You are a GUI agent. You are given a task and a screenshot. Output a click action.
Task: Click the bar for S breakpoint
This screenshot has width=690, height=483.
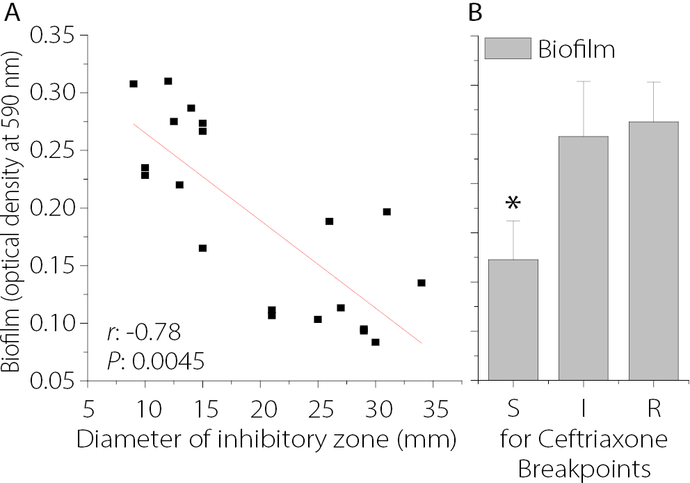tap(513, 319)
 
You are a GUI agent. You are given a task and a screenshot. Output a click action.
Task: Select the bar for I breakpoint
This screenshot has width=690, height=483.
tap(584, 258)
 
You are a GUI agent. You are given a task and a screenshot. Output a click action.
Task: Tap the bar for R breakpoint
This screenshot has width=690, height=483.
tap(653, 251)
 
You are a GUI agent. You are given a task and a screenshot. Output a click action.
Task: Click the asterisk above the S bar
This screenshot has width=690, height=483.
tap(513, 203)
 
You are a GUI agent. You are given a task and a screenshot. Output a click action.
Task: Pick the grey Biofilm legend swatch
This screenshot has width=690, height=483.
tap(508, 49)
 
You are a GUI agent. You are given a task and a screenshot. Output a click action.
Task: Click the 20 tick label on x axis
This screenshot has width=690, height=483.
tap(259, 406)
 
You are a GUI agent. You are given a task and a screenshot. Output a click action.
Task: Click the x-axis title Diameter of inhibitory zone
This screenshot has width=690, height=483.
tap(266, 441)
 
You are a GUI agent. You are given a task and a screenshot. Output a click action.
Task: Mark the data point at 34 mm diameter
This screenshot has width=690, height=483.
tap(422, 283)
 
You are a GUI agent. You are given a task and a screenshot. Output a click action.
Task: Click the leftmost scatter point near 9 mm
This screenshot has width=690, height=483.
tap(134, 84)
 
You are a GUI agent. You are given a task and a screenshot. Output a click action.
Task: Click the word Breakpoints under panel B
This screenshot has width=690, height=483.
tap(582, 469)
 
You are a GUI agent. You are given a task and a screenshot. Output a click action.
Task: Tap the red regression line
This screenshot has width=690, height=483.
tap(278, 234)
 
